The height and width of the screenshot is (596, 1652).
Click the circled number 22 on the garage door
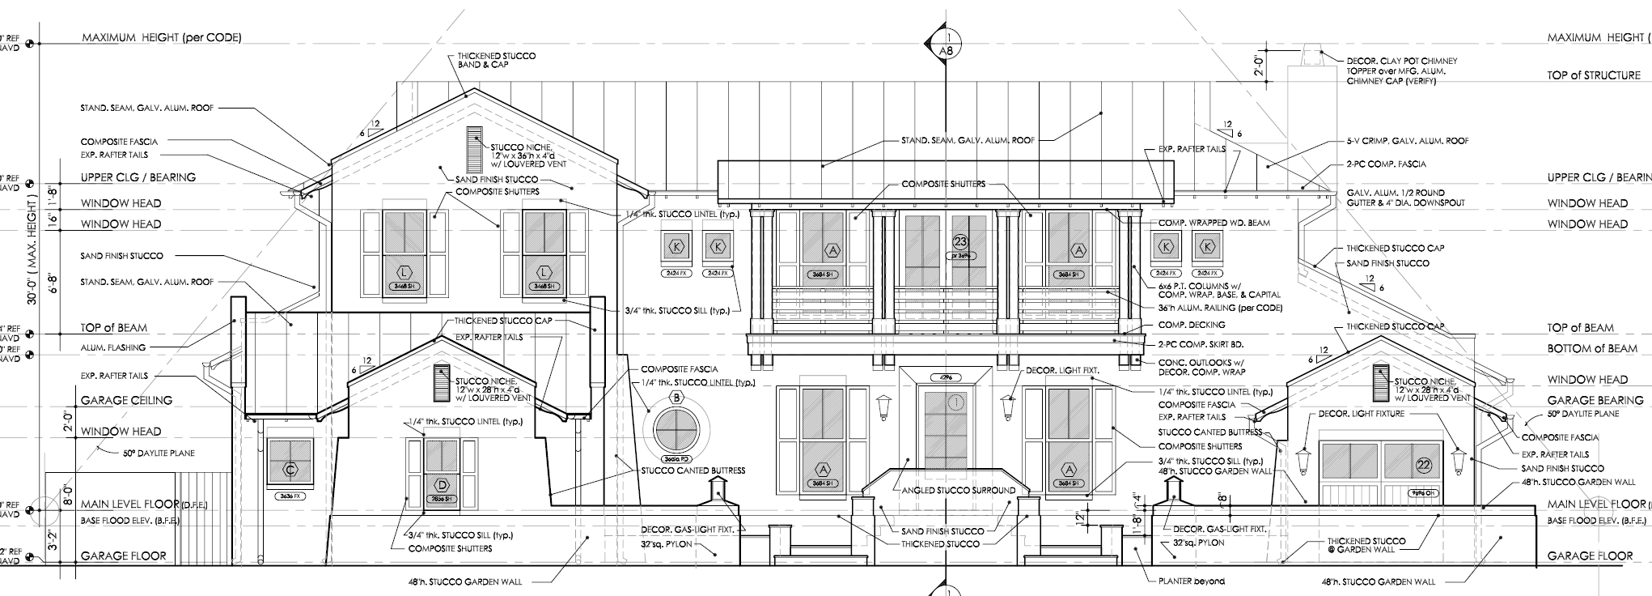1424,464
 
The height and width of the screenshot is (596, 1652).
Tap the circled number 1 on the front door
957,402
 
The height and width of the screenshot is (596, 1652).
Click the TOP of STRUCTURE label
1594,75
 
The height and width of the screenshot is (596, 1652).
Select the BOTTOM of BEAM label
1592,348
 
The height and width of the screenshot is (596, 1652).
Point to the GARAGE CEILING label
126,400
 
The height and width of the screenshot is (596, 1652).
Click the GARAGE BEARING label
1595,400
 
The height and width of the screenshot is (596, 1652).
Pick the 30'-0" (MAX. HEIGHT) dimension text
33,251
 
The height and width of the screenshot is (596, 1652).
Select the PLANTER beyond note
1191,581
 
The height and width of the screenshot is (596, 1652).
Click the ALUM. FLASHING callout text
113,347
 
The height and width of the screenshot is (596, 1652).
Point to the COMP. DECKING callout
1192,325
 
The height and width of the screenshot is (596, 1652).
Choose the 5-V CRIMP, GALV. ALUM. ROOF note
1407,141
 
